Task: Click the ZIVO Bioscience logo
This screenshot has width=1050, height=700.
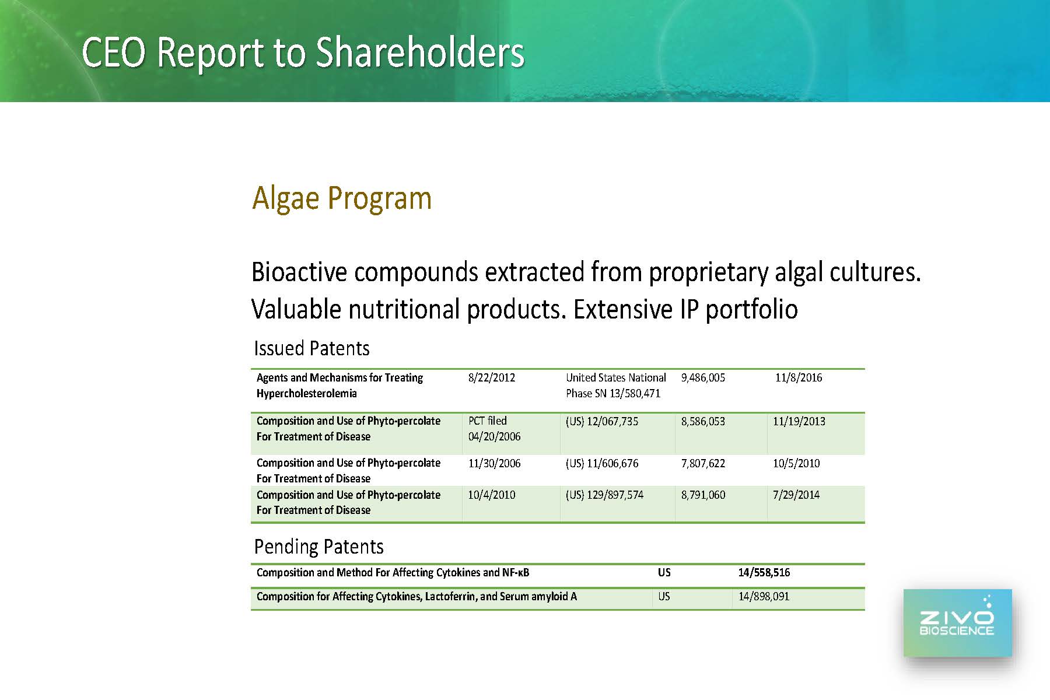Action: pos(957,623)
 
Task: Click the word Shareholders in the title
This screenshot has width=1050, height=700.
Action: pos(420,52)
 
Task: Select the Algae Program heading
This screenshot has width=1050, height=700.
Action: pos(342,198)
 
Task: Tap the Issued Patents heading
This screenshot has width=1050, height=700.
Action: pos(311,348)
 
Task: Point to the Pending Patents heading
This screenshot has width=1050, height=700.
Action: pos(319,547)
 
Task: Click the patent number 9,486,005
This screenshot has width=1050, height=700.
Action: pos(703,378)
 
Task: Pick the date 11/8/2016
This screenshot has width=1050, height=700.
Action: pos(799,378)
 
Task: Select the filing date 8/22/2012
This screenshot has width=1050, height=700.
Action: pos(492,378)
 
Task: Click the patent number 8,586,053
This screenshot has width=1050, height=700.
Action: pos(703,422)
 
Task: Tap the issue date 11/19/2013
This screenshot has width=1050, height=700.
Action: pos(799,422)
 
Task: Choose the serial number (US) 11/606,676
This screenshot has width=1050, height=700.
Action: pos(602,464)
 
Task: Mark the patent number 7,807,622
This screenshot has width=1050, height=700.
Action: pos(703,464)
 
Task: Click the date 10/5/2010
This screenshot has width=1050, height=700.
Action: pos(796,464)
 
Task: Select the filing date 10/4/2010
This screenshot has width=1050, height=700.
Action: pos(492,495)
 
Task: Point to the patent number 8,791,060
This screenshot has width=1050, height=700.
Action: pos(703,495)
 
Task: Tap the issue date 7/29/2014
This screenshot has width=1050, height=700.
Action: pos(796,495)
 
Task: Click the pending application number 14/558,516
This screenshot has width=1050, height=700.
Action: pos(764,573)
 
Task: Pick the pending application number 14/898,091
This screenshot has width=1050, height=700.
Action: pos(764,597)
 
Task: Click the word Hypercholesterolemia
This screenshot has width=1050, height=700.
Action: pos(307,394)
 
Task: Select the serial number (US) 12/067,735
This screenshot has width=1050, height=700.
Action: pos(602,422)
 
